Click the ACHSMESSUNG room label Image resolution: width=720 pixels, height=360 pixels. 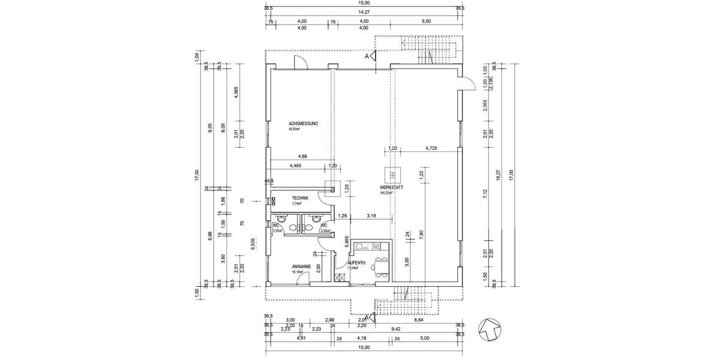click(303, 124)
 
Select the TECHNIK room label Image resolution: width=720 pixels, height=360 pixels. click(300, 198)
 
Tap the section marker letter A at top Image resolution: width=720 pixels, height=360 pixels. click(367, 56)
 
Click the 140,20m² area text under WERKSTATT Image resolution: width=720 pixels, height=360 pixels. click(385, 193)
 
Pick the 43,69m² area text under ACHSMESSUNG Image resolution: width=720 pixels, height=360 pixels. click(295, 129)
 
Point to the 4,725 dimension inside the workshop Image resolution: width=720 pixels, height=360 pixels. click(431, 148)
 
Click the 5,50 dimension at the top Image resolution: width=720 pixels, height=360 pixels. click(427, 21)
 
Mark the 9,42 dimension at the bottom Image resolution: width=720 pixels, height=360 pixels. click(412, 329)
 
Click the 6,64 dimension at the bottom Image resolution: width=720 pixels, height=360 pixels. click(418, 320)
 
